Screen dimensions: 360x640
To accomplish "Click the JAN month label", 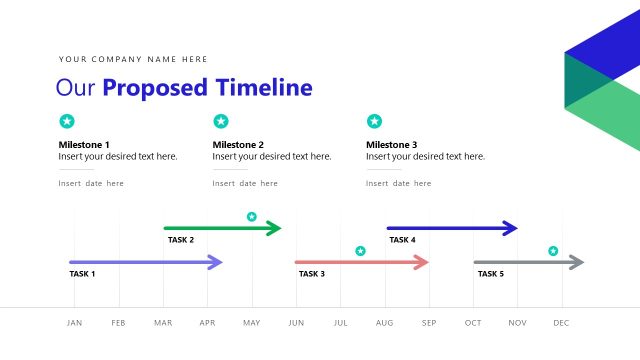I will point(74,323).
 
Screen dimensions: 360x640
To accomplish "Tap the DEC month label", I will point(561,323).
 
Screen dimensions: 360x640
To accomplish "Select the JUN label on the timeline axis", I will point(296,323).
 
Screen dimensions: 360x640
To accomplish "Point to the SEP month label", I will point(429,323).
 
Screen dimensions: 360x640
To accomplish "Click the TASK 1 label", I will point(82,274).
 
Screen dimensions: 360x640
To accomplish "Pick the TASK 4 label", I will point(402,240).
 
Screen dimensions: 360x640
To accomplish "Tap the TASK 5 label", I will point(490,274).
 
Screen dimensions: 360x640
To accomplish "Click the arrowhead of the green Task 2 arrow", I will point(275,228).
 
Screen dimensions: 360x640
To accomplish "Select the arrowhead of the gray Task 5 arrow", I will point(576,262).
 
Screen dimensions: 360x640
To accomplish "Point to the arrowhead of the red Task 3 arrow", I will point(421,262).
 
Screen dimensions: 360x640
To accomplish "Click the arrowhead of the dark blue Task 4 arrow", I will point(510,228).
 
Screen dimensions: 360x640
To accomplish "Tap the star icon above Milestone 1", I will point(67,121).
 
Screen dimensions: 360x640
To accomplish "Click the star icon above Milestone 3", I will point(374,121).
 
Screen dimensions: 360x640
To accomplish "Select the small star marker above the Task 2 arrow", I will point(252,216).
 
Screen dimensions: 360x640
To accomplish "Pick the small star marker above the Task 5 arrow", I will point(553,251).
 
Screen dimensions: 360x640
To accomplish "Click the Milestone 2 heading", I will point(238,145).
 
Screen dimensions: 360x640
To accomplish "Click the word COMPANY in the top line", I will point(119,60).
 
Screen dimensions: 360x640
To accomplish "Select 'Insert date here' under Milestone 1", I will point(91,184).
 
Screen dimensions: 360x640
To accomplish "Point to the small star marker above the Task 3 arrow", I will point(361,251).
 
